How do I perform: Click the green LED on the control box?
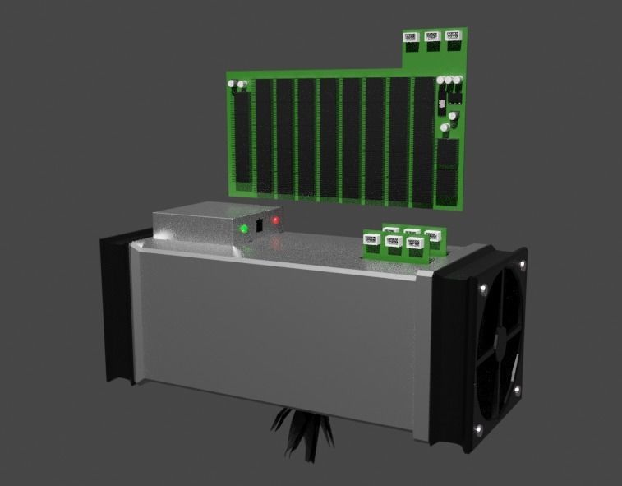(x=244, y=228)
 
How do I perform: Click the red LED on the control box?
(x=276, y=220)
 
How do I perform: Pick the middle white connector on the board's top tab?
(x=431, y=37)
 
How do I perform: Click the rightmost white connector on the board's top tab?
(x=452, y=36)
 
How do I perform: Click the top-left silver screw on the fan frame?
(x=483, y=287)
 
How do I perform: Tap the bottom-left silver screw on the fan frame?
(x=478, y=428)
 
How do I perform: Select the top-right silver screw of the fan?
(x=521, y=264)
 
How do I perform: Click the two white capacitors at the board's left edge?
(x=237, y=84)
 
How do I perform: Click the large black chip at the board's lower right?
(x=448, y=172)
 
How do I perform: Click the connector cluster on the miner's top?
(x=402, y=242)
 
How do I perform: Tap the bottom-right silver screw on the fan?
(x=517, y=388)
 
